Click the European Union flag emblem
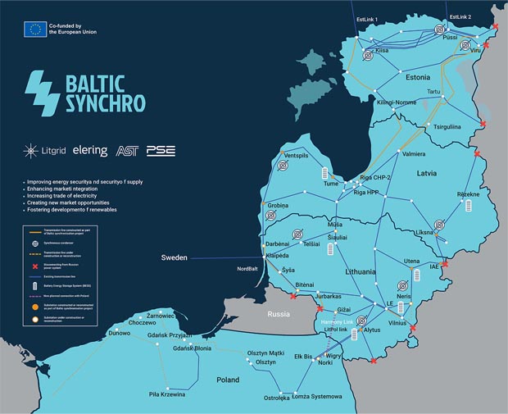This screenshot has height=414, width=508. [35, 30]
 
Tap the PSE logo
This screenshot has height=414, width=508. [161, 151]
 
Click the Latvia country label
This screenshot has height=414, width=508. [426, 174]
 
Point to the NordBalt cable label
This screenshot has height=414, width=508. [247, 269]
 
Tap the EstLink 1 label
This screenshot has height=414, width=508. [366, 18]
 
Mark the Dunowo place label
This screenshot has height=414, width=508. [120, 334]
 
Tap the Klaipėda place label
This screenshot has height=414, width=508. [280, 255]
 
